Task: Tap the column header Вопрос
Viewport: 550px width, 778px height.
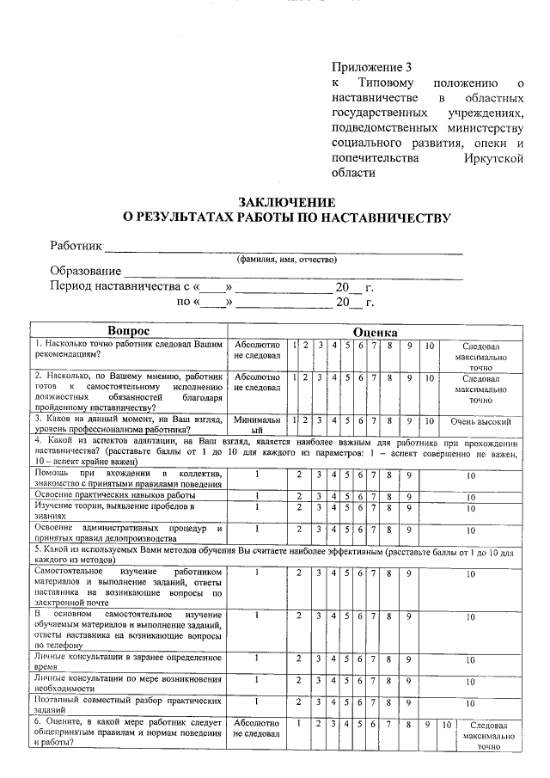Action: pyautogui.click(x=128, y=331)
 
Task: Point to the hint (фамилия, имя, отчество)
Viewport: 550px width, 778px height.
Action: pyautogui.click(x=287, y=260)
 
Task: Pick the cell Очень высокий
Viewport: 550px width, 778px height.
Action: pyautogui.click(x=480, y=422)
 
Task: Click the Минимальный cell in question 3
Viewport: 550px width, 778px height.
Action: pyautogui.click(x=257, y=422)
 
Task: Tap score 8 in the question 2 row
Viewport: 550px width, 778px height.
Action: pyautogui.click(x=389, y=377)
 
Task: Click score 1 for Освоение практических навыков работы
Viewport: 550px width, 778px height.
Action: pyautogui.click(x=257, y=496)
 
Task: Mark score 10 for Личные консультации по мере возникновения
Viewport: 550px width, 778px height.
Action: pyautogui.click(x=471, y=680)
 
